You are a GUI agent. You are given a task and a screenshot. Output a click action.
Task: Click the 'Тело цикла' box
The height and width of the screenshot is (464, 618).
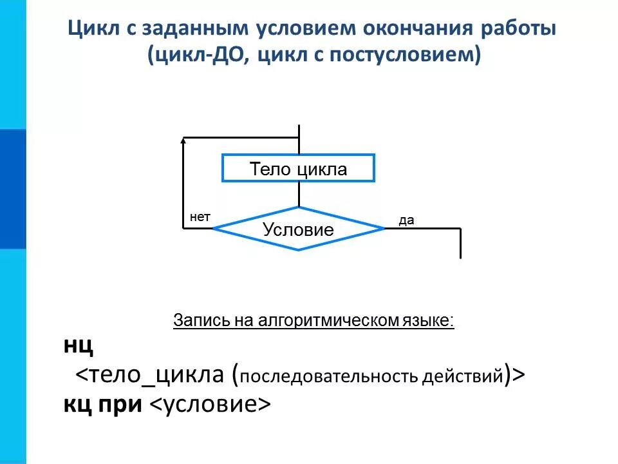click(298, 169)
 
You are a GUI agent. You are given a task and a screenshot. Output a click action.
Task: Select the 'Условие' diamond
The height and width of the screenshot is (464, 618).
click(298, 229)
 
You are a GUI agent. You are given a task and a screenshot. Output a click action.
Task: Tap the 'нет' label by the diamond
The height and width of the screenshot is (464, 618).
click(200, 218)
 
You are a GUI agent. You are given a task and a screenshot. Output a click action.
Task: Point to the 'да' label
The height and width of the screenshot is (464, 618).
click(406, 221)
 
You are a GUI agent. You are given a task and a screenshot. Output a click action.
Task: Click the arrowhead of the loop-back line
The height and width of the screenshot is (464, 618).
click(184, 140)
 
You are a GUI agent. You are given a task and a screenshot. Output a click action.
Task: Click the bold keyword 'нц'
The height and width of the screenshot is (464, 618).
click(79, 346)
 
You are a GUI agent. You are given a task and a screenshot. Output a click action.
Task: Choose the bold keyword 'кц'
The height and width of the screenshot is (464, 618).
click(77, 403)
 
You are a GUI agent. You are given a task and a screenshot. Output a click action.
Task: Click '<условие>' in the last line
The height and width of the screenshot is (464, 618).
click(210, 404)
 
